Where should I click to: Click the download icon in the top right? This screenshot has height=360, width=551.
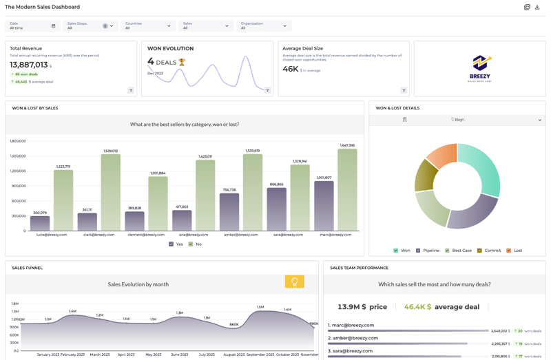[537, 7]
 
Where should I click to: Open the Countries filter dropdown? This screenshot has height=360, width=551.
[148, 26]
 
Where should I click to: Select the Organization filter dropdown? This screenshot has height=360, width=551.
[264, 26]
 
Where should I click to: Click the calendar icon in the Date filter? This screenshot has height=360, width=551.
[54, 26]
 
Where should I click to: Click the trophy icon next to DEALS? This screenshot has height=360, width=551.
[183, 62]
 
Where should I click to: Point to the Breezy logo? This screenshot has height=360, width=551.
[480, 67]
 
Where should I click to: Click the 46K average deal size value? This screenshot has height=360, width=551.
[290, 69]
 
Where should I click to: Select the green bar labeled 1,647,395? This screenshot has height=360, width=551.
[347, 189]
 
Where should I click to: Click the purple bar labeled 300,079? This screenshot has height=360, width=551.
[40, 223]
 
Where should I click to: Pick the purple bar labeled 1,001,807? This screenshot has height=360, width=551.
[324, 206]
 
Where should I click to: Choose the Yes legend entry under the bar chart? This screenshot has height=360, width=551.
[176, 244]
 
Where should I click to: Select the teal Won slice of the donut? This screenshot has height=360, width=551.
[482, 169]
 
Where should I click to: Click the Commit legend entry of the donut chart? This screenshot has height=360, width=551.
[489, 251]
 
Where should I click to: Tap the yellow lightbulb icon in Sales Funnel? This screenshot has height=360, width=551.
[294, 282]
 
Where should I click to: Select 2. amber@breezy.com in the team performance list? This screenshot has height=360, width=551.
[353, 338]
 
